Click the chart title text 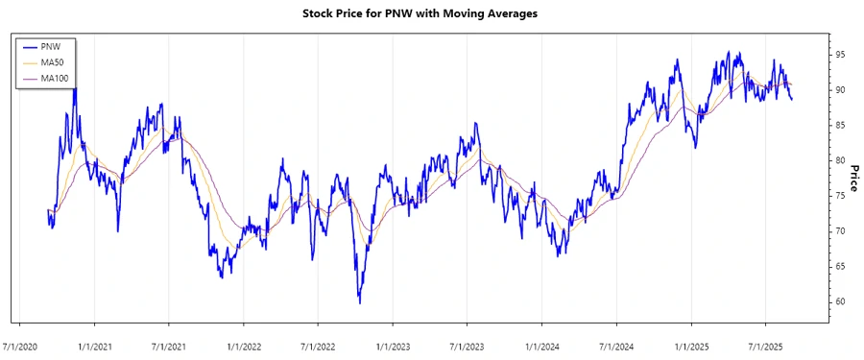(x=431, y=15)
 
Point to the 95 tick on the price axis (x=839, y=55)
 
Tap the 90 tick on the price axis (x=839, y=90)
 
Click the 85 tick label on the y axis (x=839, y=126)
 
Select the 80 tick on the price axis (x=839, y=161)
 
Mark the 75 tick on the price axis (x=839, y=196)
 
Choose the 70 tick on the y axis (x=839, y=231)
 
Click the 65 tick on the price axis (x=839, y=267)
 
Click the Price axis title (x=853, y=179)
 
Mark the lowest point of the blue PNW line (x=360, y=303)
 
